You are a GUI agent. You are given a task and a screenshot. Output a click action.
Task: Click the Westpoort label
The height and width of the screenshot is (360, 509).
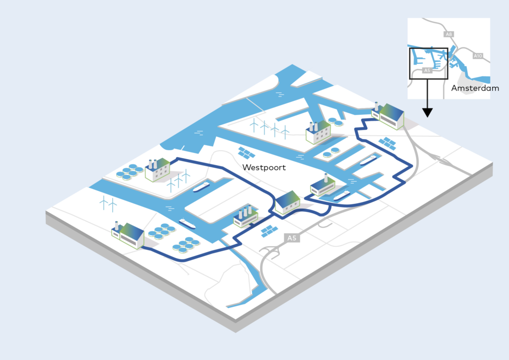pyautogui.click(x=264, y=168)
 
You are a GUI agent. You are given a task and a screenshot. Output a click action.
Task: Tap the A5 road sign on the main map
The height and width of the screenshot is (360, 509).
pyautogui.click(x=292, y=239)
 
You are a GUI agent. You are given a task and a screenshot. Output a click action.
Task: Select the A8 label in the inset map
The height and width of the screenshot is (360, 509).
pyautogui.click(x=449, y=34)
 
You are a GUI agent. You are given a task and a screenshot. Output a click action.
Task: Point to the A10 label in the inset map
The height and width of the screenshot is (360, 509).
pyautogui.click(x=478, y=56)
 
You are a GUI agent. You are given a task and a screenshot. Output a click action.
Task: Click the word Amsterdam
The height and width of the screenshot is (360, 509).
pyautogui.click(x=475, y=88)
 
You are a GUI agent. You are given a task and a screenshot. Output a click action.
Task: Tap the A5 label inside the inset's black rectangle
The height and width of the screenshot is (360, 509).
pyautogui.click(x=426, y=71)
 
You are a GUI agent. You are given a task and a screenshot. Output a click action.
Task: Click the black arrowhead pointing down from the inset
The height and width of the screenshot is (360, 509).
pyautogui.click(x=427, y=112)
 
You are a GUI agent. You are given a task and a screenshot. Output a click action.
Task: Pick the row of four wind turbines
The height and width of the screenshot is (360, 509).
pyautogui.click(x=269, y=128)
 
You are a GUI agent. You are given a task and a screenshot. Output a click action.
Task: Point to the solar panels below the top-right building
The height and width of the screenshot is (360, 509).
pyautogui.click(x=388, y=143)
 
